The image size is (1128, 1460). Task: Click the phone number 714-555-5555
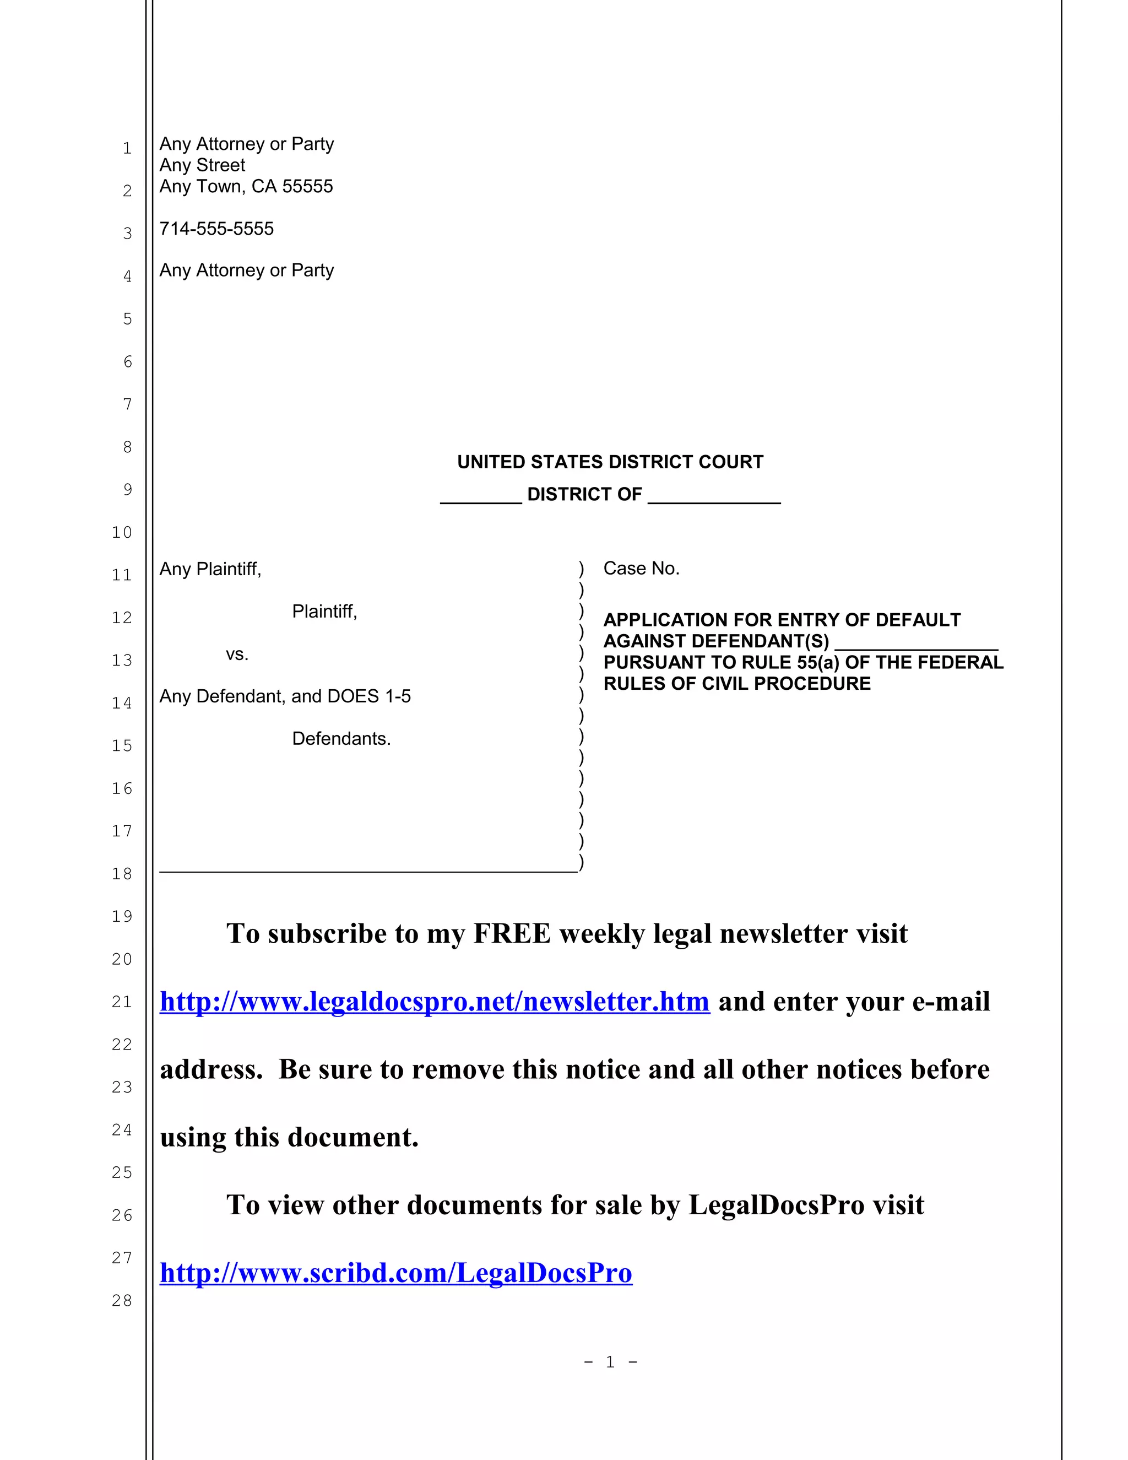(216, 229)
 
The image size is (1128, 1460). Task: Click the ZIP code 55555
(307, 187)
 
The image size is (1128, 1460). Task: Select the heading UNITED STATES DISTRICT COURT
(610, 462)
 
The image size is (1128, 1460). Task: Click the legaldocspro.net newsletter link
(435, 1002)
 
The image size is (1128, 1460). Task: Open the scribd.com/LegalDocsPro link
(395, 1273)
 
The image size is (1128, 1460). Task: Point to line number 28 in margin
(122, 1300)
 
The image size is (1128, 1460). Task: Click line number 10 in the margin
(122, 532)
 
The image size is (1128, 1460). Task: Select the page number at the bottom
(610, 1362)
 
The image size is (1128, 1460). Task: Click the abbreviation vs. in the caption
(236, 654)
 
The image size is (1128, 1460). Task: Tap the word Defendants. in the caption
(341, 739)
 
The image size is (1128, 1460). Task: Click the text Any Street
(202, 165)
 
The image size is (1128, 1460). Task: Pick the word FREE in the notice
(512, 934)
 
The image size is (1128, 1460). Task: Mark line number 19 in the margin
(122, 916)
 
